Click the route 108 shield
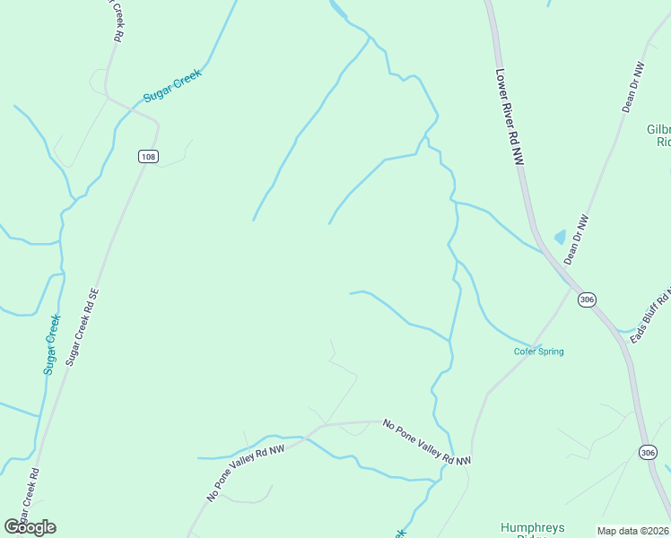pos(148,157)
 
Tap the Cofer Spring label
pos(538,351)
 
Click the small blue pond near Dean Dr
pos(561,237)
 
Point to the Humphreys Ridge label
pos(532,528)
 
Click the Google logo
pos(30,527)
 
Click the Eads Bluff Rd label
pos(650,316)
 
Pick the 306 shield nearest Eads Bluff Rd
pos(587,299)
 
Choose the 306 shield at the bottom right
pos(648,453)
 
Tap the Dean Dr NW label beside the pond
pos(576,239)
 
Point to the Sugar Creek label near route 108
pos(173,85)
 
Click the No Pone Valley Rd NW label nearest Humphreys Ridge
pos(426,442)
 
